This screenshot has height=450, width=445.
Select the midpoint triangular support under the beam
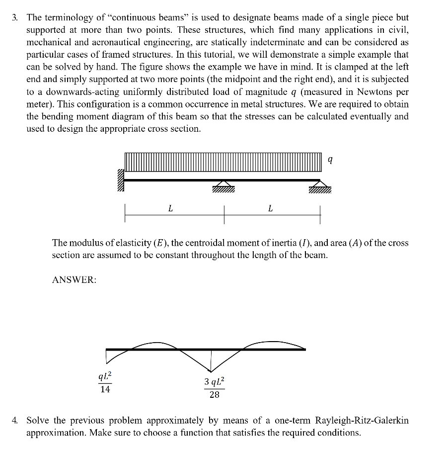223,187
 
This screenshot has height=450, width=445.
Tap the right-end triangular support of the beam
319,187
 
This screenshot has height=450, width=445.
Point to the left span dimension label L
170,209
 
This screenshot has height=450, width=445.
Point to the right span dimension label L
270,209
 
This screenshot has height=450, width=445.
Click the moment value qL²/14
105,382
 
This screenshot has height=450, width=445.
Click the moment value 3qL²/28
214,388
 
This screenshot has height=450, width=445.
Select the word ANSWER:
74,280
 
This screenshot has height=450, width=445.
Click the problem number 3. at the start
16,17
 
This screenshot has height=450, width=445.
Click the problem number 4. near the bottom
16,421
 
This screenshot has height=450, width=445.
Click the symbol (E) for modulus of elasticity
162,243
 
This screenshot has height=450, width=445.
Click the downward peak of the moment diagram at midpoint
211,370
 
